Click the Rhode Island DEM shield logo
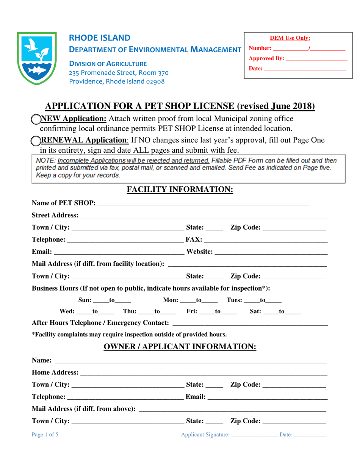(37, 58)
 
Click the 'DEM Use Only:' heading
(290, 38)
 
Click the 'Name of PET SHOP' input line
(203, 204)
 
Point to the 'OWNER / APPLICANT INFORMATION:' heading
(180, 347)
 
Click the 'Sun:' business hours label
(85, 300)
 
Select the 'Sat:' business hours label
(256, 312)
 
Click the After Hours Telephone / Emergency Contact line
(250, 324)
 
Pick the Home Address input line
(203, 374)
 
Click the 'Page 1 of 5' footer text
(45, 435)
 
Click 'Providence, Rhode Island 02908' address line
(117, 81)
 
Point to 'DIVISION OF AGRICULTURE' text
(108, 64)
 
